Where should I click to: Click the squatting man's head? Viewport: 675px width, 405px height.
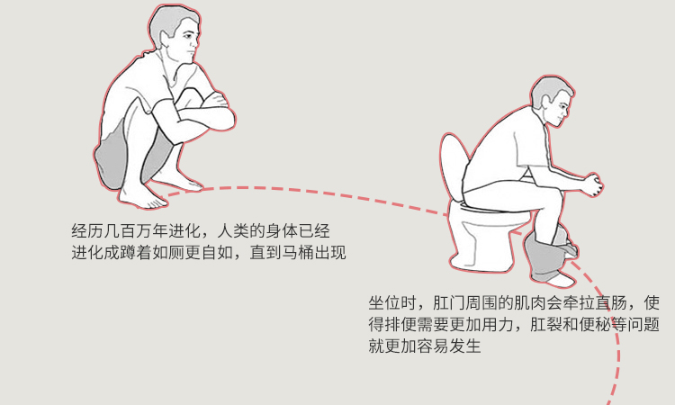tap(175, 33)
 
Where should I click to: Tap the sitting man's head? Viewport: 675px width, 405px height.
tap(553, 100)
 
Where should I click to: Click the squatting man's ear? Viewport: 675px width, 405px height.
tap(164, 39)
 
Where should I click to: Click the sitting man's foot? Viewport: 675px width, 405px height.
tap(559, 280)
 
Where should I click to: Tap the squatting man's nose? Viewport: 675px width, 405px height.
tap(198, 43)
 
